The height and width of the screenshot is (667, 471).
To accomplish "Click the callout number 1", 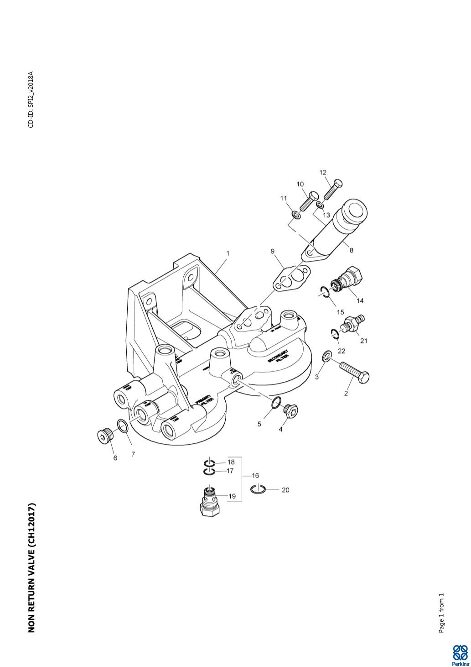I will coord(228,253).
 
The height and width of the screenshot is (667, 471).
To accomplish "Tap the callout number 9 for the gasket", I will coord(273,251).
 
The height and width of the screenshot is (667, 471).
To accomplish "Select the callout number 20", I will coord(285,490).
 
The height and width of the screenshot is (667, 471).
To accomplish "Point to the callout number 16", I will coord(255,476).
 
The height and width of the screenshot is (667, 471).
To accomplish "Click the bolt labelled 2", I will coord(354,372).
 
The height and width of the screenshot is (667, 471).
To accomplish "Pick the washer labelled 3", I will coord(327,357).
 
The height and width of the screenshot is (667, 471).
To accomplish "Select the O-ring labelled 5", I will coord(276,403).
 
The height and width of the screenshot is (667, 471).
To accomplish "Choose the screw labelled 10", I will coord(309,201).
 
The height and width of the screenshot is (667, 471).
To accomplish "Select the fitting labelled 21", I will coord(352,322).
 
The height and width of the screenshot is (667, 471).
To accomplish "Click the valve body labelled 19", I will coord(210,503).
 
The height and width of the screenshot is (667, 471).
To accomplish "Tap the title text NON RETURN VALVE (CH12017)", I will coord(31,568).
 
